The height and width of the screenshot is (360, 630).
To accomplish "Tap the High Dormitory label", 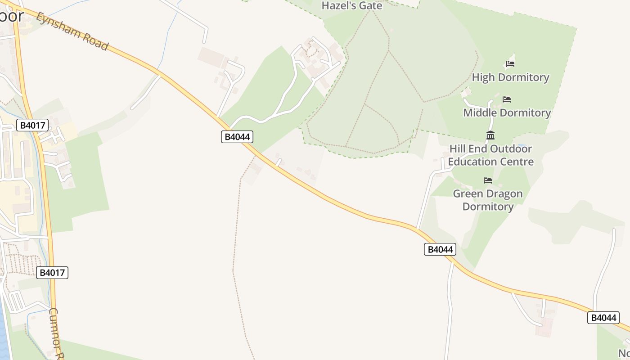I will coord(510,77).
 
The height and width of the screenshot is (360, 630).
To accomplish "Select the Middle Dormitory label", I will coord(507,112).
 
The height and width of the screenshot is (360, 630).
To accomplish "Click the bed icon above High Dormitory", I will coord(510,64).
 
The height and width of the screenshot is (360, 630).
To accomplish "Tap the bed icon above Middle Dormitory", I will coord(507,99).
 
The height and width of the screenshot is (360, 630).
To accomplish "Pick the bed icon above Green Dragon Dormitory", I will coord(487,180).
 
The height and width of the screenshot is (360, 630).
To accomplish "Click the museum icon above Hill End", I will coord(490,135).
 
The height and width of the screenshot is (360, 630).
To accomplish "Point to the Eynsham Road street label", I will coord(72,31).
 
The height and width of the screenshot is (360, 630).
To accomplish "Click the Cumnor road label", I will coord(56,333).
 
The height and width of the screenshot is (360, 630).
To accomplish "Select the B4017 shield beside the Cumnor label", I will coord(52,272).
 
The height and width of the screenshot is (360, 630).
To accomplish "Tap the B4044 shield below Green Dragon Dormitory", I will coord(440,249).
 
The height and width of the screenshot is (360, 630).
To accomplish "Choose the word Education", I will coord(474,162).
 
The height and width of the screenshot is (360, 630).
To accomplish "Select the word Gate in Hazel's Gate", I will coord(371,6).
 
